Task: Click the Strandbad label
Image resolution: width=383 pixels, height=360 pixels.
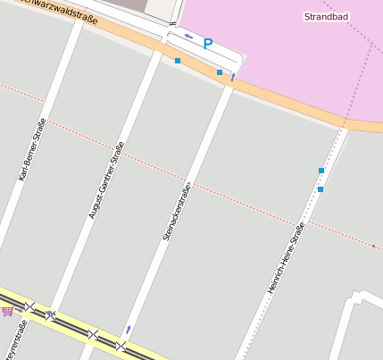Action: pyautogui.click(x=326, y=17)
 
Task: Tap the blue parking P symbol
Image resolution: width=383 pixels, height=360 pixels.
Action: pyautogui.click(x=208, y=43)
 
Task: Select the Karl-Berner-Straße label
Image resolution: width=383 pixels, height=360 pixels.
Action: pyautogui.click(x=31, y=150)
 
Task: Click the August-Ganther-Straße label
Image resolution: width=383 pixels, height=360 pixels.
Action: pyautogui.click(x=106, y=180)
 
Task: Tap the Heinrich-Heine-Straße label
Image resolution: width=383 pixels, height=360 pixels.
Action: pyautogui.click(x=287, y=259)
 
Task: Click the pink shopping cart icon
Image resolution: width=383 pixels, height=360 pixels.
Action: pyautogui.click(x=8, y=311)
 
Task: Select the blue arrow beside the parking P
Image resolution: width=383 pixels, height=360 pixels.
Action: pyautogui.click(x=188, y=37)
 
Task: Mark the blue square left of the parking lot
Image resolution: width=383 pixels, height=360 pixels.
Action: pyautogui.click(x=178, y=61)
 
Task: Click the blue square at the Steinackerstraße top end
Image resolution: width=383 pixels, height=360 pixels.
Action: pyautogui.click(x=220, y=72)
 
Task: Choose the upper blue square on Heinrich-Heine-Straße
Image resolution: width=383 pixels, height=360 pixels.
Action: pyautogui.click(x=321, y=170)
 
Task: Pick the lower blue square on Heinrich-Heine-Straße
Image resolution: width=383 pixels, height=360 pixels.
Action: pyautogui.click(x=320, y=189)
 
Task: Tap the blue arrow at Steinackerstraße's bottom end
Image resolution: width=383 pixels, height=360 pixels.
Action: pyautogui.click(x=129, y=330)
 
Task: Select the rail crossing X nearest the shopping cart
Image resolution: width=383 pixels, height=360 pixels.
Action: pyautogui.click(x=29, y=306)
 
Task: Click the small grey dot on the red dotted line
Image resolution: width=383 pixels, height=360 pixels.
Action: pyautogui.click(x=373, y=245)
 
